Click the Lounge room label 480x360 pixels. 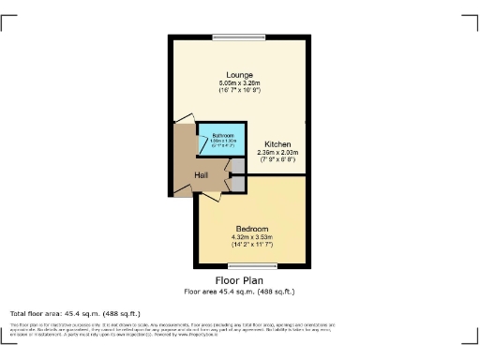[240, 74]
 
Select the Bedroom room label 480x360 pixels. [251, 230]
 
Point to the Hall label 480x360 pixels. [202, 175]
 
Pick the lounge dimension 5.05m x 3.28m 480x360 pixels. [240, 82]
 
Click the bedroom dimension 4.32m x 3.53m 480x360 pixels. [251, 238]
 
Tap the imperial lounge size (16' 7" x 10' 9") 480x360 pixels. [240, 90]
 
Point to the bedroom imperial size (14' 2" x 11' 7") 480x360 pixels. [251, 246]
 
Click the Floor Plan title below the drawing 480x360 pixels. [240, 280]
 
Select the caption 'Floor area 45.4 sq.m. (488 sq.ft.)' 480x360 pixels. [240, 292]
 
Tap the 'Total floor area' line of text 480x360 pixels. [75, 313]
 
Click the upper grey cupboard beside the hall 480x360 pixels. [238, 166]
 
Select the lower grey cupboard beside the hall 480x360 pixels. [238, 183]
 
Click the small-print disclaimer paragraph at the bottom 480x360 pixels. [240, 329]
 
